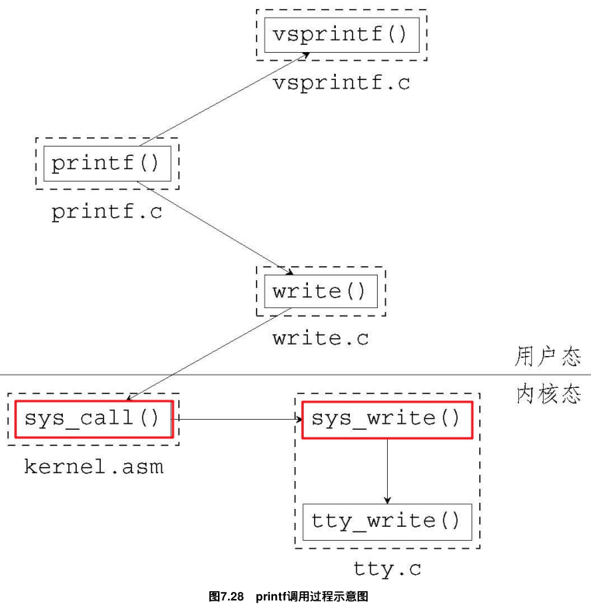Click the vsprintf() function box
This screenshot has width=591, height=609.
[340, 35]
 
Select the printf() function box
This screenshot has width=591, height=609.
[106, 164]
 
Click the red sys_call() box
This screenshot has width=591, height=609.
[93, 419]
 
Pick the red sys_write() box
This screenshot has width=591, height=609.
[386, 419]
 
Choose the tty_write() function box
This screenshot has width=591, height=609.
[386, 521]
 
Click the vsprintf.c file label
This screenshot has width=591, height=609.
[340, 82]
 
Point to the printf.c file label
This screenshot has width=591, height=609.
[107, 212]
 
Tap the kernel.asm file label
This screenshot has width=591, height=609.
[94, 467]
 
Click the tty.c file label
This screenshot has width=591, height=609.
[387, 569]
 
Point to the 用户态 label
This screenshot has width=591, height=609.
[548, 357]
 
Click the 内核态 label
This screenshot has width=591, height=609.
[548, 394]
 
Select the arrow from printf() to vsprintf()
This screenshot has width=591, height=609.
[225, 99]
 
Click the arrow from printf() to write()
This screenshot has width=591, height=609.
[213, 228]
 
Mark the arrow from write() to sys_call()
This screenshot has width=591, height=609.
[209, 354]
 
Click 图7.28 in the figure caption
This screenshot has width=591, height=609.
[226, 597]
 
